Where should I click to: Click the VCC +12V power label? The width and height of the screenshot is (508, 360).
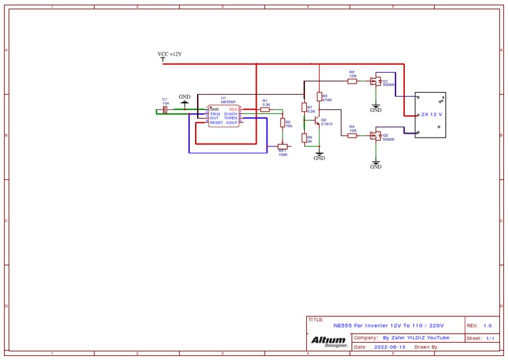[169, 54]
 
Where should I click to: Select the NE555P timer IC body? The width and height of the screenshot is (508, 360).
[224, 115]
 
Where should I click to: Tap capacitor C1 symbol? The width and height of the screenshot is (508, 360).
[165, 110]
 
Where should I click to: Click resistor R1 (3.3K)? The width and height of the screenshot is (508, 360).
[265, 110]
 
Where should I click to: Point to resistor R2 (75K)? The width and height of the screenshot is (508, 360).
[283, 123]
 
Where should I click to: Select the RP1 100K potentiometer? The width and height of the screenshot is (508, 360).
[282, 148]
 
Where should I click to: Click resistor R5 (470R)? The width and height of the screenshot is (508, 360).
[319, 97]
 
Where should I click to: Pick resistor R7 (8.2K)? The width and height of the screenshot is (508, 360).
[304, 107]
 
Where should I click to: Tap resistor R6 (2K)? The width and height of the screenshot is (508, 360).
[304, 138]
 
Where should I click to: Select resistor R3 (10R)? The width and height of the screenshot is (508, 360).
[353, 80]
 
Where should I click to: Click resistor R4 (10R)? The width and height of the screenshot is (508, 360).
[353, 136]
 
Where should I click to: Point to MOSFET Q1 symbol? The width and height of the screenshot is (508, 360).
[376, 81]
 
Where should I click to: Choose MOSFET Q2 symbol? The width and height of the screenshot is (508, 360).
[376, 136]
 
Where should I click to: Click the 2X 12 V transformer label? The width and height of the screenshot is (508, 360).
[431, 114]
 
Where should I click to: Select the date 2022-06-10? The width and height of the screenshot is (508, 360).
[390, 347]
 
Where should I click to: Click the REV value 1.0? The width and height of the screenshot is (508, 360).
[487, 326]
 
